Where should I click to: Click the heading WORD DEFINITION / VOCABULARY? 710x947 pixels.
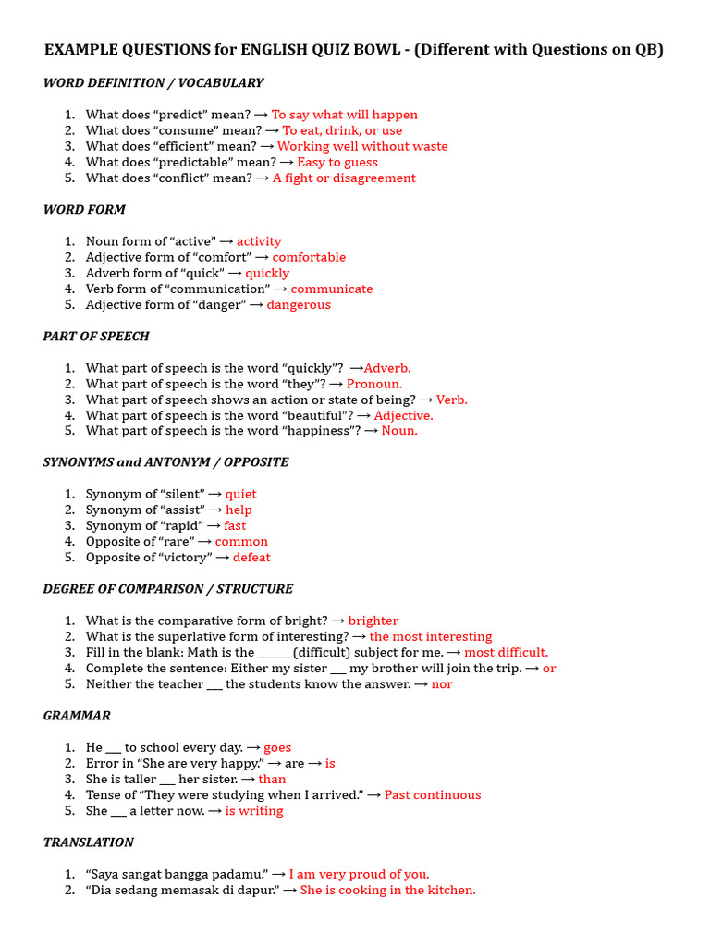pyautogui.click(x=153, y=83)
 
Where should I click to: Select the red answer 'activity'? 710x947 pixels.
pyautogui.click(x=259, y=241)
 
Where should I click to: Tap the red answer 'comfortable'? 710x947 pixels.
pyautogui.click(x=309, y=257)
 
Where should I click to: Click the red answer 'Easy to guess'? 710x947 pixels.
pyautogui.click(x=337, y=162)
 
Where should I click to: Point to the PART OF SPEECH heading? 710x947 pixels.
pyautogui.click(x=96, y=336)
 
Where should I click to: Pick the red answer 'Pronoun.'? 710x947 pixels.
pyautogui.click(x=374, y=384)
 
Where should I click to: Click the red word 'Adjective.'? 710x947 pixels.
pyautogui.click(x=403, y=415)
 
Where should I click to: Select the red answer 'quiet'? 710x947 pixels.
pyautogui.click(x=241, y=494)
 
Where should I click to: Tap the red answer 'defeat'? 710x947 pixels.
pyautogui.click(x=251, y=557)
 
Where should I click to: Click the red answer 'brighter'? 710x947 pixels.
pyautogui.click(x=373, y=621)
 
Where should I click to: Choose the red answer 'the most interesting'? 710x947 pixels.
pyautogui.click(x=431, y=636)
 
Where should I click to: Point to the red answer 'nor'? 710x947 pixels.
pyautogui.click(x=442, y=683)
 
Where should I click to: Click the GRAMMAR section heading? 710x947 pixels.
pyautogui.click(x=77, y=715)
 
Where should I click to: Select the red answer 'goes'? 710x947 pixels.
pyautogui.click(x=277, y=747)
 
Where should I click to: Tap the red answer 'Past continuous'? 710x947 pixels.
pyautogui.click(x=433, y=794)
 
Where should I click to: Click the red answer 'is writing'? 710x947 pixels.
pyautogui.click(x=254, y=810)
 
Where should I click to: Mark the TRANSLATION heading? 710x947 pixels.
pyautogui.click(x=89, y=842)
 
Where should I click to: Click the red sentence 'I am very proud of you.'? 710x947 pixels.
pyautogui.click(x=359, y=874)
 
